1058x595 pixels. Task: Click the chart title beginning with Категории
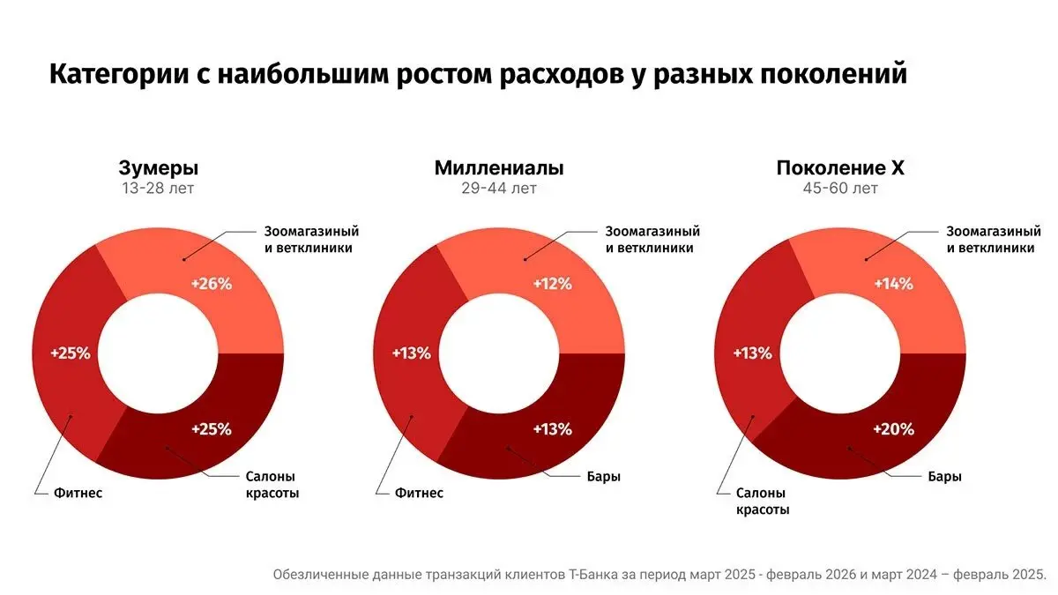pyautogui.click(x=477, y=74)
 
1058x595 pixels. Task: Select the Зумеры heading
pyautogui.click(x=159, y=168)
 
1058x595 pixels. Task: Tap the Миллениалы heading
pyautogui.click(x=499, y=168)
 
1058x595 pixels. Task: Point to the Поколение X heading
pyautogui.click(x=839, y=168)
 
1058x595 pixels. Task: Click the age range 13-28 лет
pyautogui.click(x=159, y=189)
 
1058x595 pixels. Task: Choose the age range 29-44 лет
pyautogui.click(x=499, y=189)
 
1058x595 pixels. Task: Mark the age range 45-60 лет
pyautogui.click(x=839, y=189)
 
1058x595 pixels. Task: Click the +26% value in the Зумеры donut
pyautogui.click(x=212, y=284)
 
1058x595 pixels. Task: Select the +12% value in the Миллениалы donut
pyautogui.click(x=553, y=284)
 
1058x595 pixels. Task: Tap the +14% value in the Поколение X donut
pyautogui.click(x=893, y=284)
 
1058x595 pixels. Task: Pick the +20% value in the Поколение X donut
pyautogui.click(x=893, y=429)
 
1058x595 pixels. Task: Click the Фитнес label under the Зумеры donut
pyautogui.click(x=78, y=493)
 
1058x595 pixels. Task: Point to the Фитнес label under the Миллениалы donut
pyautogui.click(x=419, y=493)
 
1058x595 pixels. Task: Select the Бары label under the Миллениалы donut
pyautogui.click(x=602, y=477)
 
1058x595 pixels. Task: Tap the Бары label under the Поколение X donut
pyautogui.click(x=943, y=477)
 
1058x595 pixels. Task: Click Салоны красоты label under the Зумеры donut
pyautogui.click(x=272, y=485)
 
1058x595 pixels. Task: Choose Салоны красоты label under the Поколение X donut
pyautogui.click(x=763, y=501)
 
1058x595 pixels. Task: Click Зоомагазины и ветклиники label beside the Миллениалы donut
pyautogui.click(x=652, y=240)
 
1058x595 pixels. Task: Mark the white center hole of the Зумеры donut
pyautogui.click(x=159, y=353)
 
